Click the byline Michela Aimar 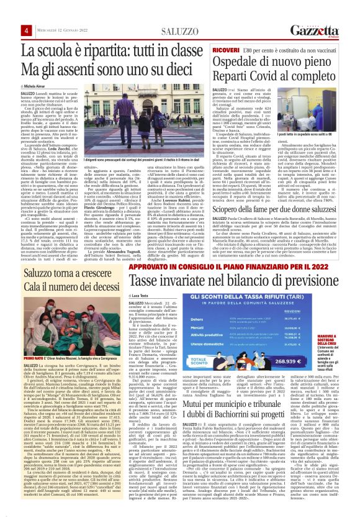pyautogui.click(x=34, y=84)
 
